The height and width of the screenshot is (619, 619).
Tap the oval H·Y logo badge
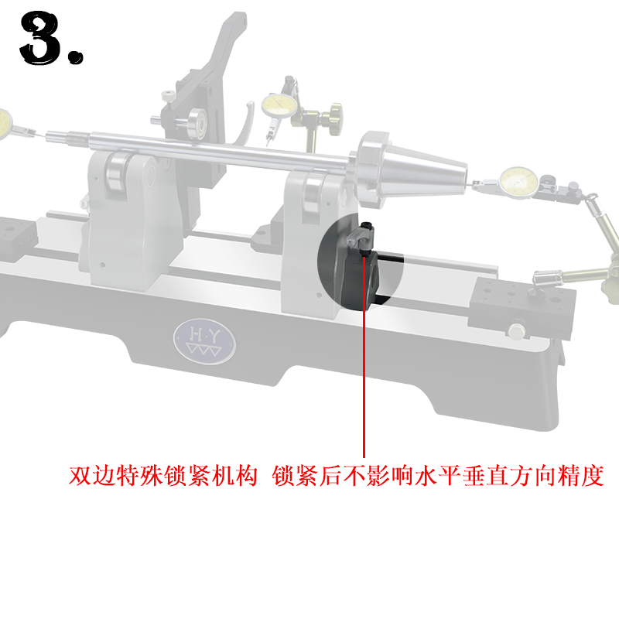(204, 341)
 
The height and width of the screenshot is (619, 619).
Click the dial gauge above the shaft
(279, 104)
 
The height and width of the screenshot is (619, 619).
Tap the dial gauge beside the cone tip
(518, 183)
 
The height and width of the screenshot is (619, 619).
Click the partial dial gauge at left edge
(5, 124)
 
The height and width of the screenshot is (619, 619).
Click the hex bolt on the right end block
(516, 331)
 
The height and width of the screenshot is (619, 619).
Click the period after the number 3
(75, 56)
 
